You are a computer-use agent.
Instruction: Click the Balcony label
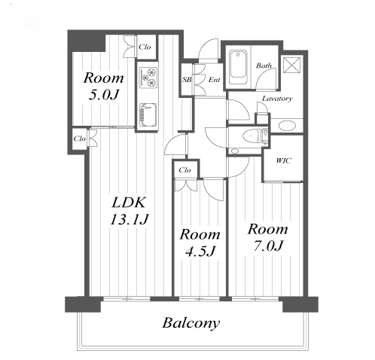[191, 324]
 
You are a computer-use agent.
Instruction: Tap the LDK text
[129, 202]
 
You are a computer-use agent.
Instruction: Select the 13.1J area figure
[130, 219]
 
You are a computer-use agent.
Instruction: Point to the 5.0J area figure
[103, 95]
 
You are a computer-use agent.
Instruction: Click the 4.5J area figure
[200, 251]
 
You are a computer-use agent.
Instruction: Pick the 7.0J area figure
[267, 246]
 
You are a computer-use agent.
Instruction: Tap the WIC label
[284, 160]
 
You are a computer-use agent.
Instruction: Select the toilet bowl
[251, 136]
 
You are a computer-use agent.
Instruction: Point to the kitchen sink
[148, 116]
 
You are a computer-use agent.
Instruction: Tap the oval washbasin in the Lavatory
[287, 126]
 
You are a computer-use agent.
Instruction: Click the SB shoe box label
[187, 80]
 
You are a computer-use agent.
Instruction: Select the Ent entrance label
[214, 80]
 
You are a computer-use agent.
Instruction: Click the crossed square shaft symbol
[291, 65]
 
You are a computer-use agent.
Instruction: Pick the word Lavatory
[277, 99]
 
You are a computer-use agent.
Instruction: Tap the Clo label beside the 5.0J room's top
[145, 47]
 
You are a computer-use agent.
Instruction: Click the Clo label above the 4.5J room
[184, 170]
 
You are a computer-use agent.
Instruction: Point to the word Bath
[264, 66]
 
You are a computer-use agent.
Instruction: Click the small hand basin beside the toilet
[235, 151]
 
